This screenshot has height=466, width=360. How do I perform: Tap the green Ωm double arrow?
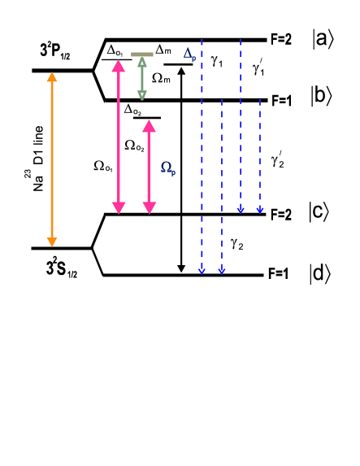coord(142,79)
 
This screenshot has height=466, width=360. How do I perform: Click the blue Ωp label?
coord(167,167)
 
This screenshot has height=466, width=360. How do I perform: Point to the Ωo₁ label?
coord(104,166)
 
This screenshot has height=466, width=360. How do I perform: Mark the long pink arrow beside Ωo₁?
coord(119,138)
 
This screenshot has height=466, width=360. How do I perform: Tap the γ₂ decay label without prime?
coord(236,242)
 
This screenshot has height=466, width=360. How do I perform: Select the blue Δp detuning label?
coord(189,53)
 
